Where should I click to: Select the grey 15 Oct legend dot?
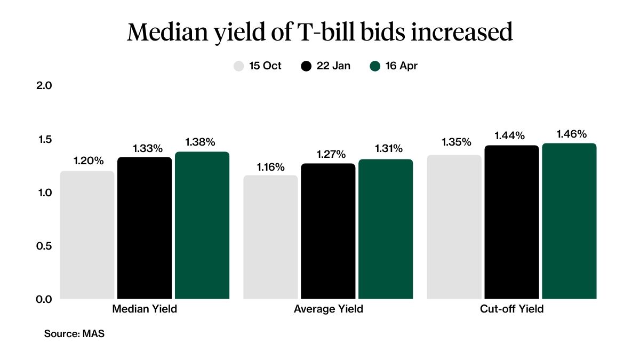pos(239,67)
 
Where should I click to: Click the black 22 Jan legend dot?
pos(306,67)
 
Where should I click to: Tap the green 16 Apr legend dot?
pos(375,67)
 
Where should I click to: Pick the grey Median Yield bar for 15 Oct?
pos(87,235)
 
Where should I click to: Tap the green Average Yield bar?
pos(386,229)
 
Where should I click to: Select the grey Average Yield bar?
pos(270,237)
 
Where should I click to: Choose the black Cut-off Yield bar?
pos(511,222)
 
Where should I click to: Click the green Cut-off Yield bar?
pos(569,221)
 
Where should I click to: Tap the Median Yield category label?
pos(145,309)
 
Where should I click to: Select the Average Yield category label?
pos(328,309)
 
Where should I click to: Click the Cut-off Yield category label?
pos(511,309)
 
